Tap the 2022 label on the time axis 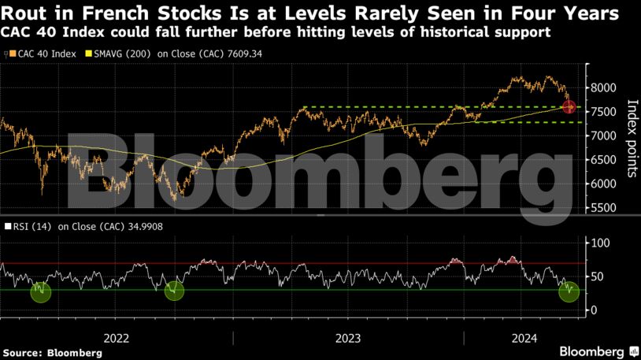point(117,338)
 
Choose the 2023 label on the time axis point(348,338)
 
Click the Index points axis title point(631,138)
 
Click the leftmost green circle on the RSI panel point(40,292)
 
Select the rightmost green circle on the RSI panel point(569,291)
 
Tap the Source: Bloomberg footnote point(52,353)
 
